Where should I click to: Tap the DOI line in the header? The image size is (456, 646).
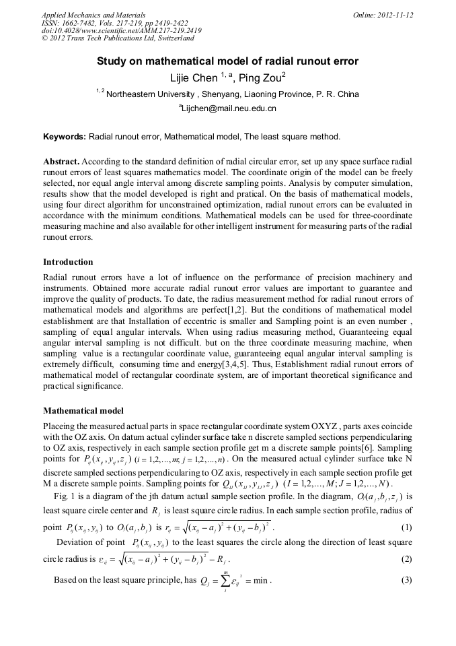click(x=121, y=30)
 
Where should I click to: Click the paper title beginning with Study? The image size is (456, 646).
click(x=227, y=61)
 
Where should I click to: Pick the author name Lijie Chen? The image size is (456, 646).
click(x=194, y=78)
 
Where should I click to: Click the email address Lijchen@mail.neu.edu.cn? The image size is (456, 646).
click(x=227, y=108)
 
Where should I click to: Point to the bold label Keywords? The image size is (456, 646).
click(x=65, y=136)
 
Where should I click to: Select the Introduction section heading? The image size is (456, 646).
click(x=68, y=261)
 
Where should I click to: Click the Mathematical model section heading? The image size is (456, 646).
click(x=83, y=410)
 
